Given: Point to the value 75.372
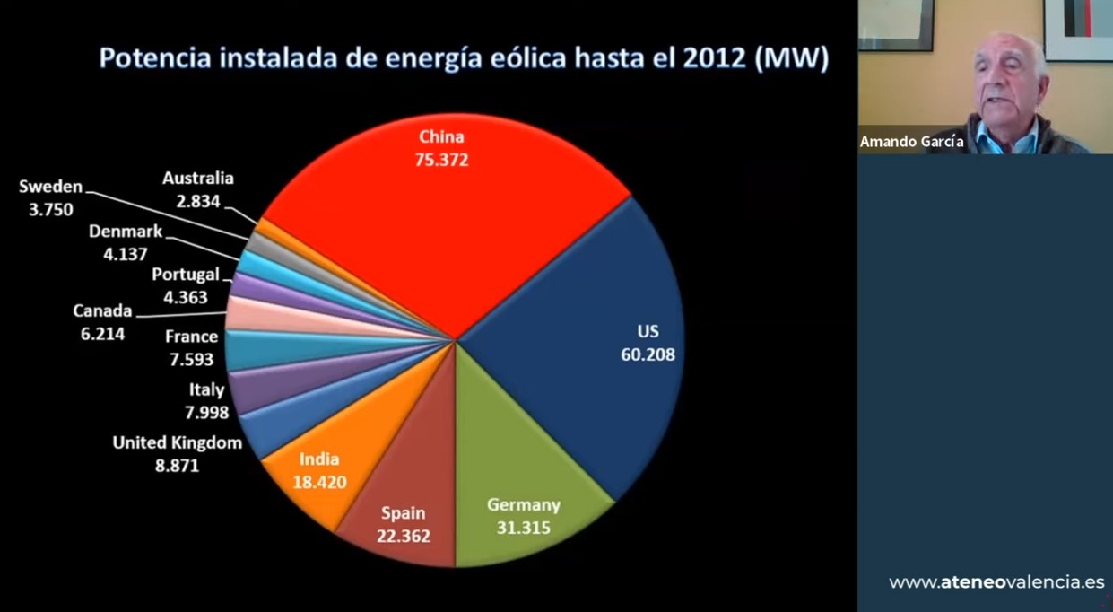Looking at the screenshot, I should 442,161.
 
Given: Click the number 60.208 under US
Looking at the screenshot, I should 648,354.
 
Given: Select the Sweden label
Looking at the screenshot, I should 50,188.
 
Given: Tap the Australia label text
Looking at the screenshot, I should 198,179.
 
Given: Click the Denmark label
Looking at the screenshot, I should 126,232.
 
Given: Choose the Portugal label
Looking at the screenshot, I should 185,275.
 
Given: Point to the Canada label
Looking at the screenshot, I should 102,311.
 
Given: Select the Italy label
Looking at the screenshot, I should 206,390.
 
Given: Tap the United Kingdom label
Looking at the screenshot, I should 177,442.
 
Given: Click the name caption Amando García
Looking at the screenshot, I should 912,142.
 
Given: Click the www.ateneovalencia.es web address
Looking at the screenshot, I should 996,582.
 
